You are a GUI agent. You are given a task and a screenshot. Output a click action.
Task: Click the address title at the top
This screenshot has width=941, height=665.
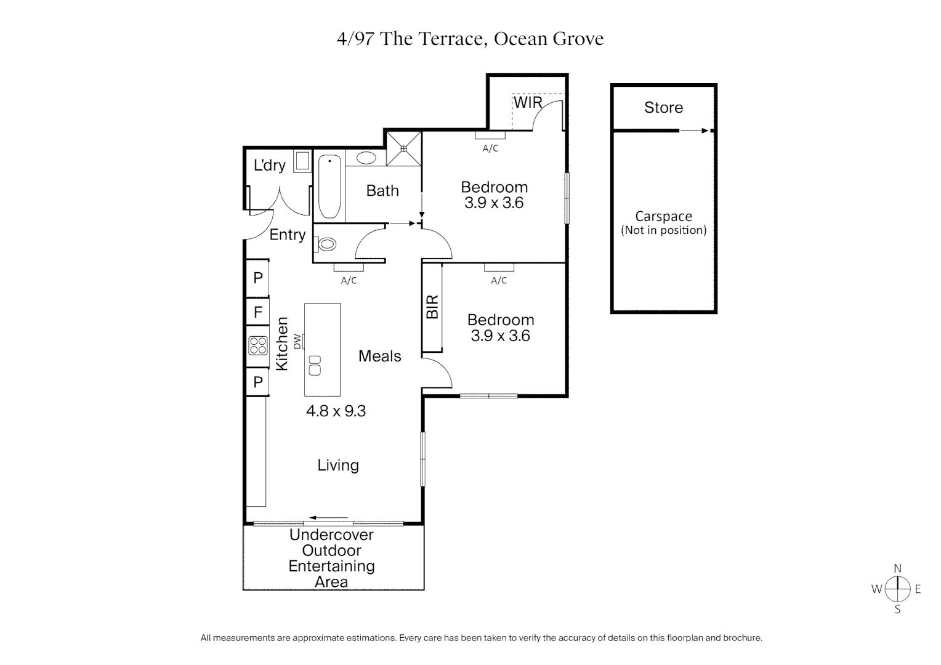point(470,39)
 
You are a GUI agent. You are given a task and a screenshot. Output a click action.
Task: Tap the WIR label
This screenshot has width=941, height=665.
point(528,102)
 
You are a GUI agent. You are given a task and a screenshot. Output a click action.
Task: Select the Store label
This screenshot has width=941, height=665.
point(663,108)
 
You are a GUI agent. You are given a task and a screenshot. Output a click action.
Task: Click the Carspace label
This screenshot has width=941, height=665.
point(663,217)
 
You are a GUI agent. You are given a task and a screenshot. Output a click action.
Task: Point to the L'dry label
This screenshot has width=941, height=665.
point(270,165)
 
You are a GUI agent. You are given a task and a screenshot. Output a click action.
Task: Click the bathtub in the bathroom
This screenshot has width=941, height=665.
point(329,187)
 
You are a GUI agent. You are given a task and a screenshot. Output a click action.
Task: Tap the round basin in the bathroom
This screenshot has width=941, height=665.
point(366,158)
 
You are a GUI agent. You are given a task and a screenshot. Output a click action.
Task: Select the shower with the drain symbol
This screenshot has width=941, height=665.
point(404,148)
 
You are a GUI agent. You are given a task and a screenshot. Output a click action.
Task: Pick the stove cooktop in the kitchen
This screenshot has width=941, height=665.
point(257,345)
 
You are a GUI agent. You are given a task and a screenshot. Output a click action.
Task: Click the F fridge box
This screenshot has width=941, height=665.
point(258,313)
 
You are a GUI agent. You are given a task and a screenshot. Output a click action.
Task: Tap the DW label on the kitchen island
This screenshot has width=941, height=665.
point(297,341)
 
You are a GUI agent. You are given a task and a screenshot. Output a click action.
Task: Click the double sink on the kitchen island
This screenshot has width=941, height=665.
point(315,365)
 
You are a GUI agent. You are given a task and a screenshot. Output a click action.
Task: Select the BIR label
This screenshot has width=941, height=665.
point(432,307)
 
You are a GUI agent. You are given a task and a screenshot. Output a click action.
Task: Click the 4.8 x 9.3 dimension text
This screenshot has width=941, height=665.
point(336,411)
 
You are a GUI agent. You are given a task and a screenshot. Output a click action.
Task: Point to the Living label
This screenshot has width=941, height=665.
point(338,465)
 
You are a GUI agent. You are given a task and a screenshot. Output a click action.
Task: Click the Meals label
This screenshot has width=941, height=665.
point(379,357)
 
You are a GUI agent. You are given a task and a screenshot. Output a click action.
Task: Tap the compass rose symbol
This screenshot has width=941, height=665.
point(898,589)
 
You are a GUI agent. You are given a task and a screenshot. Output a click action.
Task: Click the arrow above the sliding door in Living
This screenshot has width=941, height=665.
point(329,518)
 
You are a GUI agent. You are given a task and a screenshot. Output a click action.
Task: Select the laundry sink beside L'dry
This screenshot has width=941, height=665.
point(302,161)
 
